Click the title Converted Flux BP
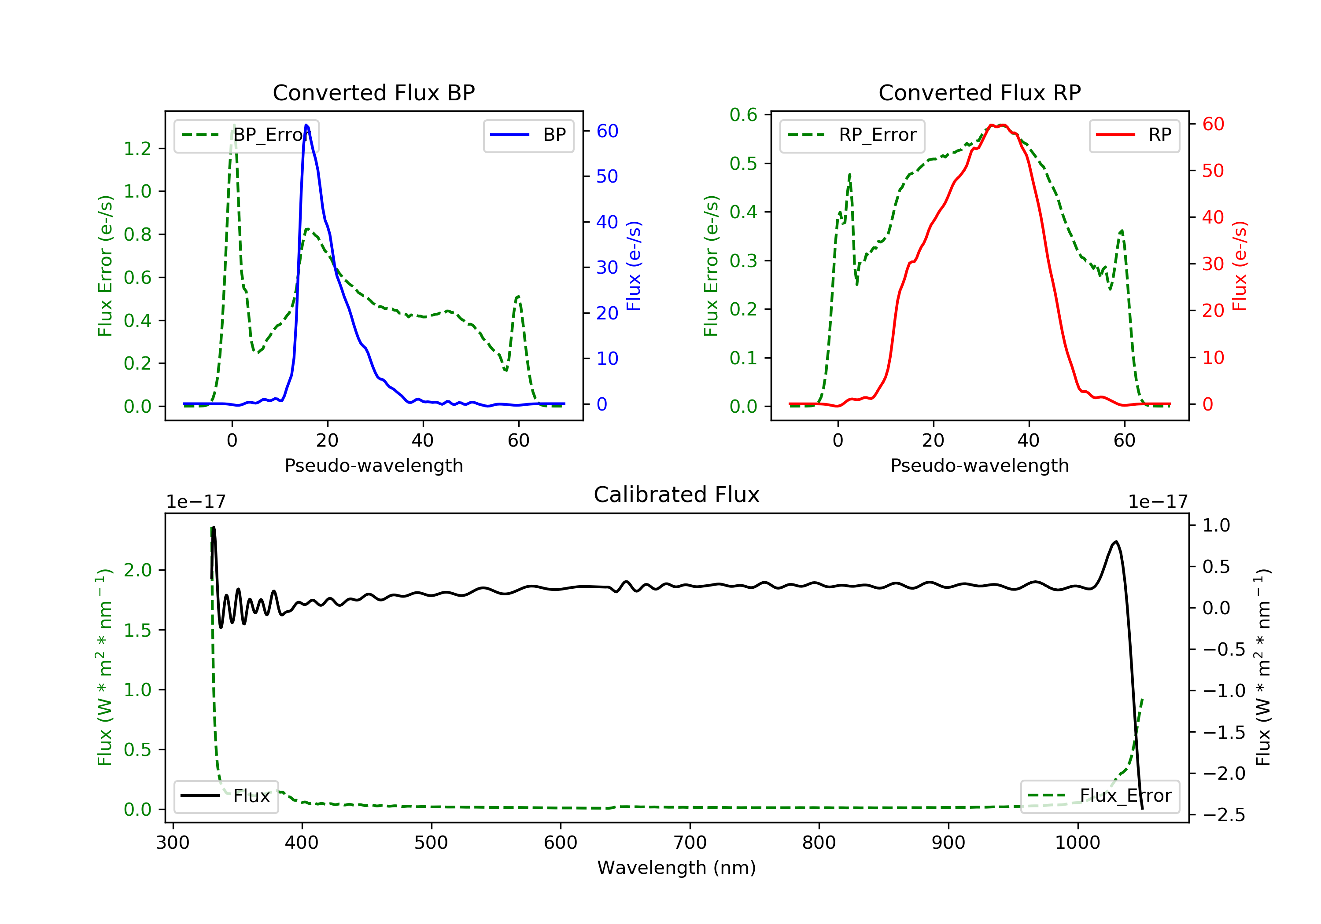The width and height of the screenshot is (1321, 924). pyautogui.click(x=373, y=92)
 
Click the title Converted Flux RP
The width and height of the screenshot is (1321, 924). pyautogui.click(x=979, y=92)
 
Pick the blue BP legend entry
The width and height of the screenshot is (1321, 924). pyautogui.click(x=528, y=136)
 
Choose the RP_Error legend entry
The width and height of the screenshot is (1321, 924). pyautogui.click(x=852, y=136)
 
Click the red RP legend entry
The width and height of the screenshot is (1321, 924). pyautogui.click(x=1134, y=136)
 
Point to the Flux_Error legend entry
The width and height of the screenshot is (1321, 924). pyautogui.click(x=1100, y=796)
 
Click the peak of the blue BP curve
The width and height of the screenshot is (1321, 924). pyautogui.click(x=306, y=125)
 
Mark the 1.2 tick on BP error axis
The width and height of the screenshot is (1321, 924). pyautogui.click(x=137, y=149)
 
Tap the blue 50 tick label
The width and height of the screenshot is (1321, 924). pyautogui.click(x=607, y=176)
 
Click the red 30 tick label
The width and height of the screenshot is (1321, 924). pyautogui.click(x=1213, y=264)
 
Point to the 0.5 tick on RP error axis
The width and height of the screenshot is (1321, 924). pyautogui.click(x=743, y=164)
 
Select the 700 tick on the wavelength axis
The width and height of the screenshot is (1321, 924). pyautogui.click(x=690, y=843)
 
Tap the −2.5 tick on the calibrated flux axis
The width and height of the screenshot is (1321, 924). pyautogui.click(x=1224, y=815)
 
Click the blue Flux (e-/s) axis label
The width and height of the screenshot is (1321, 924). pyautogui.click(x=634, y=266)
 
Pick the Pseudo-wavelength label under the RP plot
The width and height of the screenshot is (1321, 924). pyautogui.click(x=979, y=466)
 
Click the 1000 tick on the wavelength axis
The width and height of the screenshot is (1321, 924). pyautogui.click(x=1077, y=843)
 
